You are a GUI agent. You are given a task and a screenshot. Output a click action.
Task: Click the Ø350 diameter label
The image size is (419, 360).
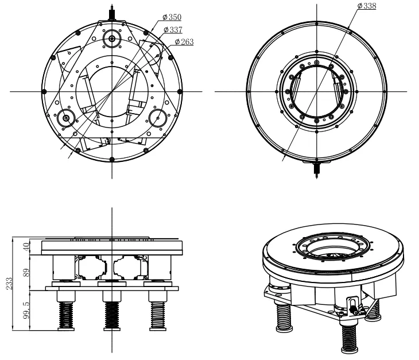tap(172, 18)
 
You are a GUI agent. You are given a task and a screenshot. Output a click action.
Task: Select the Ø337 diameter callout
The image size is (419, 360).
tap(173, 30)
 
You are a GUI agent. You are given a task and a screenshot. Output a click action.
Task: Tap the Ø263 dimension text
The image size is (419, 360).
tap(184, 42)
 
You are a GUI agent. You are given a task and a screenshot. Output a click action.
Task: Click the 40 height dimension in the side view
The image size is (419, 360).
tap(25, 247)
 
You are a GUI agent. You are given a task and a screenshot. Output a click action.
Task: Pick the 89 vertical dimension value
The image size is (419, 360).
tap(25, 273)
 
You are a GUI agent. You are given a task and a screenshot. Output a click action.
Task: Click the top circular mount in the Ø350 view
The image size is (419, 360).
tap(111, 38)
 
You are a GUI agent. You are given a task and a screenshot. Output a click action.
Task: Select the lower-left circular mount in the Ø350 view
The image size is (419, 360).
tap(67, 118)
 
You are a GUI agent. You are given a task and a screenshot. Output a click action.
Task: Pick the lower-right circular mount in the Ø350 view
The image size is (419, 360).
tap(157, 118)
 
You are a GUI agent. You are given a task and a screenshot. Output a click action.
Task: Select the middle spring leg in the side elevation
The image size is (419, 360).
tap(111, 315)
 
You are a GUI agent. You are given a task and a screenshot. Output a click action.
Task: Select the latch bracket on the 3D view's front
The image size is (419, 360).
tap(353, 305)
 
